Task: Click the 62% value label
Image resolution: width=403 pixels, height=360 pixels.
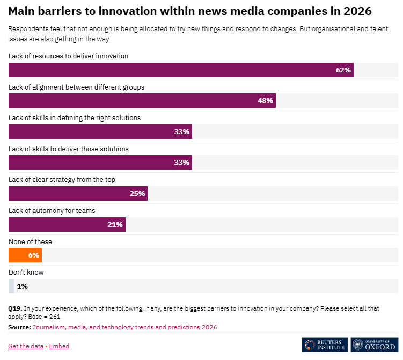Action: (x=343, y=70)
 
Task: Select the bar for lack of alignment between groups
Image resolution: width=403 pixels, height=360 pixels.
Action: (x=142, y=100)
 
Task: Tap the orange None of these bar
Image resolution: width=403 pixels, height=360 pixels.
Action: (x=25, y=255)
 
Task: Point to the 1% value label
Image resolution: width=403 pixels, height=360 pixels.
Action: (x=22, y=286)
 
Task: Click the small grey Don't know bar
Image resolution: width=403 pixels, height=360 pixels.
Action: (x=11, y=286)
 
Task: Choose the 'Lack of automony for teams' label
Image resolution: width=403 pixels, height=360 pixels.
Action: (x=52, y=210)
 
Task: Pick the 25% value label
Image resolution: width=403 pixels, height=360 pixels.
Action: (x=137, y=193)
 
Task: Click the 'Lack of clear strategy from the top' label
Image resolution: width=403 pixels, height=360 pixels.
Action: (x=62, y=179)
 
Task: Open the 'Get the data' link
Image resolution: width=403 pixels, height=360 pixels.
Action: (x=26, y=346)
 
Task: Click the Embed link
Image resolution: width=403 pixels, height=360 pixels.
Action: (x=59, y=346)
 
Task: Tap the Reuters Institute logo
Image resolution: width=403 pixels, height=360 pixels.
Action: (x=324, y=344)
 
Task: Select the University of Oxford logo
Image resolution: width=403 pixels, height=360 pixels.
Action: (x=375, y=344)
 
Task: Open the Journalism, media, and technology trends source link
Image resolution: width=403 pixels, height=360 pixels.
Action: (x=124, y=327)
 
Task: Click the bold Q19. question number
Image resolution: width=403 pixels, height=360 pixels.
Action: (x=14, y=308)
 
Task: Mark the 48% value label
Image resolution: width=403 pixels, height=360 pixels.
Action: (x=265, y=100)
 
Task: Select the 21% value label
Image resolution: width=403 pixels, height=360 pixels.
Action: (x=115, y=224)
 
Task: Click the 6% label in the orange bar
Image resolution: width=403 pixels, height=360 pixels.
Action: (x=33, y=255)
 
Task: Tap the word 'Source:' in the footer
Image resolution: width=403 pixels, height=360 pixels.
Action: (x=19, y=327)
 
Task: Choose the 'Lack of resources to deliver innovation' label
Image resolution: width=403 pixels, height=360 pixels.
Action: (x=68, y=56)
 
